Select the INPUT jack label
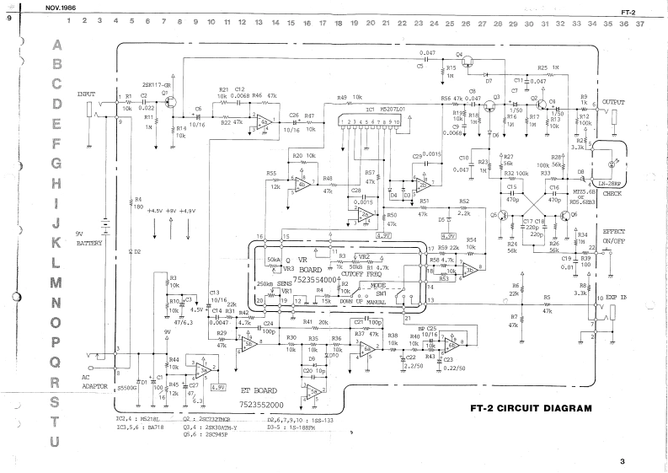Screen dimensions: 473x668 88,94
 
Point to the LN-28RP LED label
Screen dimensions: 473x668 612,182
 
